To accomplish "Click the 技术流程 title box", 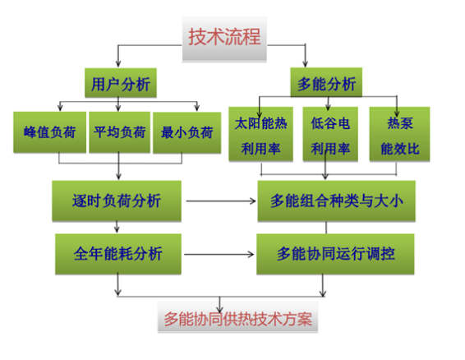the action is pyautogui.click(x=224, y=39).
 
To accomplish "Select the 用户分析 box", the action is pyautogui.click(x=121, y=83).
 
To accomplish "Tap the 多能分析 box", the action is pyautogui.click(x=326, y=82).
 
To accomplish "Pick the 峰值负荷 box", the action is pyautogui.click(x=50, y=132).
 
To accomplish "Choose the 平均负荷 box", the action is pyautogui.click(x=119, y=132).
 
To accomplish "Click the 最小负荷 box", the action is pyautogui.click(x=186, y=132).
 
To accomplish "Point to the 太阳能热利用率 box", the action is pyautogui.click(x=260, y=134).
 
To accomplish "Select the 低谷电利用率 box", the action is pyautogui.click(x=330, y=134).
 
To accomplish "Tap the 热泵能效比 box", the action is pyautogui.click(x=399, y=134).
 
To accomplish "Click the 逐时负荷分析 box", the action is pyautogui.click(x=117, y=201).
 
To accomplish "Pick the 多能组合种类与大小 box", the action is pyautogui.click(x=336, y=201).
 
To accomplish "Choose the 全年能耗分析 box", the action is pyautogui.click(x=118, y=254).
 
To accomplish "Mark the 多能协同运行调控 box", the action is pyautogui.click(x=335, y=254).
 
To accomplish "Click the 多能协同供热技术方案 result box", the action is pyautogui.click(x=237, y=320).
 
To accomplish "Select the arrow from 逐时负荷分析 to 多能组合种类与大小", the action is pyautogui.click(x=221, y=201).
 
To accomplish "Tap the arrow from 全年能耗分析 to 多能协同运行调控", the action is pyautogui.click(x=219, y=254).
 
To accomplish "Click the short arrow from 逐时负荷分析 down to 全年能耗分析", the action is pyautogui.click(x=117, y=227).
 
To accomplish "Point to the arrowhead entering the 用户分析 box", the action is pyautogui.click(x=118, y=63).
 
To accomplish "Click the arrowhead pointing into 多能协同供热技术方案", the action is pyautogui.click(x=219, y=308).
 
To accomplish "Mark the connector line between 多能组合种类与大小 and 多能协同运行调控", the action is pyautogui.click(x=326, y=228).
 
